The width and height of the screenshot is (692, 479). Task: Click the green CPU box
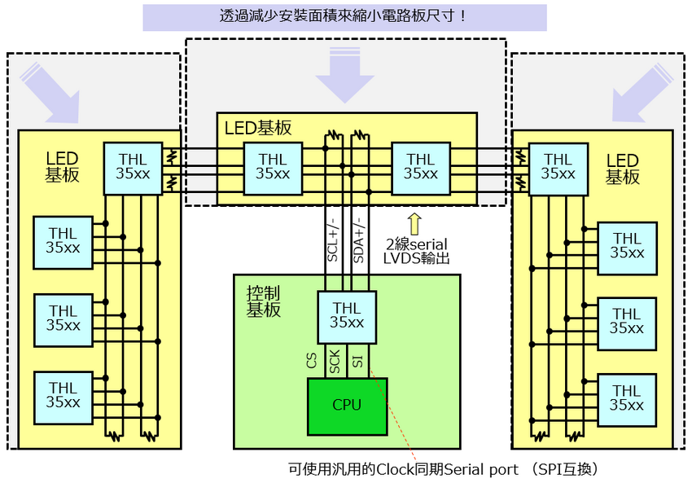(x=346, y=404)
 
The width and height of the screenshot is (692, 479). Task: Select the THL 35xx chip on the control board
(x=347, y=314)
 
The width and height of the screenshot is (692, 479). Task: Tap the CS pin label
(x=312, y=361)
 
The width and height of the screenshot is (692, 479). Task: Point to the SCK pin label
(x=334, y=361)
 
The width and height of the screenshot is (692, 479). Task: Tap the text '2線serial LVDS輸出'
(x=416, y=251)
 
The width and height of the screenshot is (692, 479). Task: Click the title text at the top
(x=344, y=16)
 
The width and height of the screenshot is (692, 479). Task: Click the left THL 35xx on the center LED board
(x=273, y=167)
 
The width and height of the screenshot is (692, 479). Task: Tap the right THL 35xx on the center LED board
(x=421, y=167)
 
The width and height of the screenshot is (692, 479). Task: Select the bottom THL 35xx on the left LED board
(x=63, y=396)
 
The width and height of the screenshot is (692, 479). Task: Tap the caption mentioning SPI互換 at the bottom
(x=444, y=469)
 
